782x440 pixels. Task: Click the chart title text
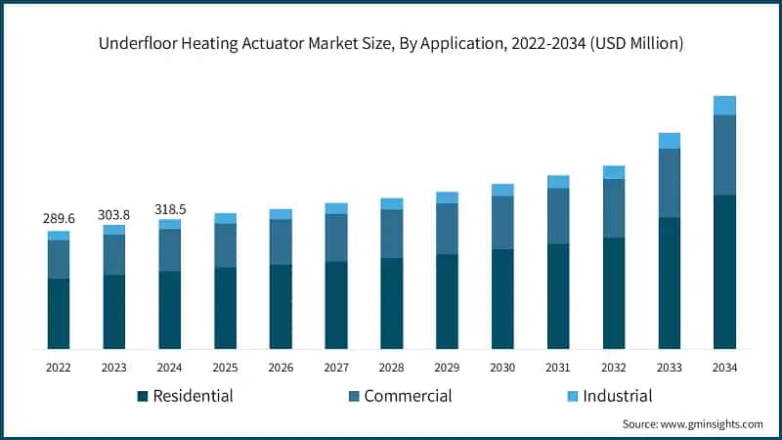click(x=390, y=43)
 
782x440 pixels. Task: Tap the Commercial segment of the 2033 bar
click(x=669, y=183)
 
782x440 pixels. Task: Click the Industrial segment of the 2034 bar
click(x=724, y=106)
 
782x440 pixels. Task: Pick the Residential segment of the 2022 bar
click(x=59, y=313)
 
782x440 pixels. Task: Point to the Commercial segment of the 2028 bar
click(x=391, y=234)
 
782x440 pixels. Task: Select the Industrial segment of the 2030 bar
click(x=502, y=190)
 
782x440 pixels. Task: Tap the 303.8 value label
click(x=114, y=214)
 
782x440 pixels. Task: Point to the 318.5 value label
click(x=170, y=208)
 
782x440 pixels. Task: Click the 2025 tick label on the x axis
click(x=225, y=368)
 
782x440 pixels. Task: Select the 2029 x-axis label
click(x=447, y=368)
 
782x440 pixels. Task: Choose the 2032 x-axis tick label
click(x=613, y=368)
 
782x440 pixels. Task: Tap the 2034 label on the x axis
click(x=724, y=368)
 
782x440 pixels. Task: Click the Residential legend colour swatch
click(x=143, y=396)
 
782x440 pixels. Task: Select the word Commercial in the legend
click(x=408, y=396)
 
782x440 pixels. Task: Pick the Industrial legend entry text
click(x=617, y=396)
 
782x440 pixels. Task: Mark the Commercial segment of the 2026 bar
click(x=281, y=242)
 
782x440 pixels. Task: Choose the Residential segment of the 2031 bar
click(x=558, y=295)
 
